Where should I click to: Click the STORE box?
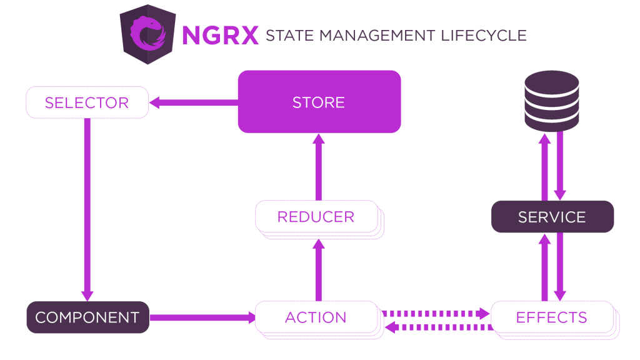click(319, 101)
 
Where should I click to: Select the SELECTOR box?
click(87, 102)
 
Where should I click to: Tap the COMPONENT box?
click(87, 317)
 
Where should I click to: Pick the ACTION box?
click(316, 317)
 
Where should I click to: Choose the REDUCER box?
click(316, 217)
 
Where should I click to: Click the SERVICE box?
click(552, 217)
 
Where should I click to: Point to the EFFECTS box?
click(552, 317)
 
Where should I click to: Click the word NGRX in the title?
click(220, 35)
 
